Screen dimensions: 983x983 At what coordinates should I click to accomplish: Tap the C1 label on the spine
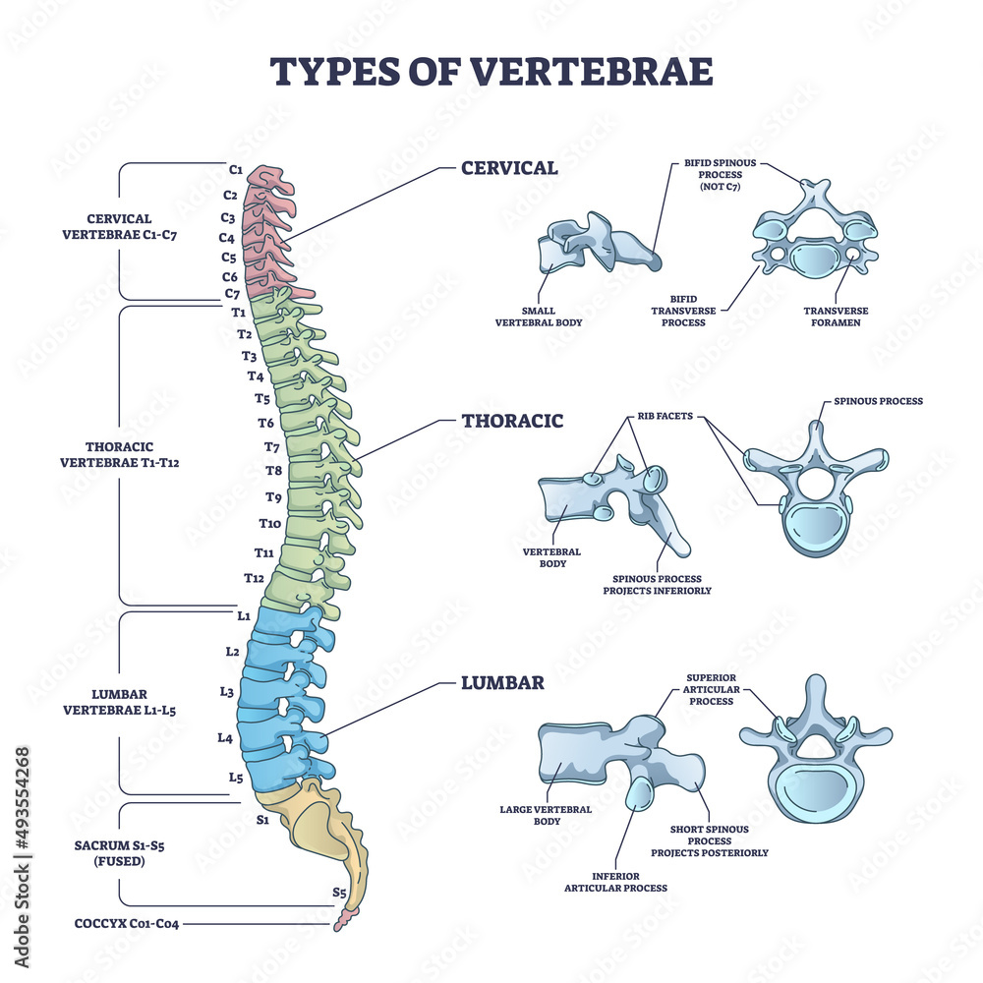pos(235,169)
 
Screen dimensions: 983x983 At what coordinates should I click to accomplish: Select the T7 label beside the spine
pos(272,446)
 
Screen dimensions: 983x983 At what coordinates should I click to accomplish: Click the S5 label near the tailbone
pos(339,894)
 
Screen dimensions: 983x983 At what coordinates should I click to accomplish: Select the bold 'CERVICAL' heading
pos(509,168)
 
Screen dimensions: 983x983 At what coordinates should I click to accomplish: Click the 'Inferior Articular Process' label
pos(615,882)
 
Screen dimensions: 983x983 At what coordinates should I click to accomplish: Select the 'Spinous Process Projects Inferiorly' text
pos(657,585)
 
